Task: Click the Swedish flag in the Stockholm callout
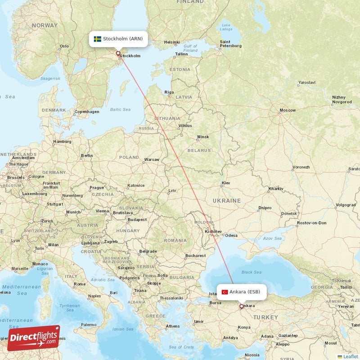coord(97,39)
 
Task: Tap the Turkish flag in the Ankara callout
coord(225,292)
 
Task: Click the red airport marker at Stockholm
coord(118,54)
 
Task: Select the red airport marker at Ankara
coord(241,306)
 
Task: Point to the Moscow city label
coord(287,110)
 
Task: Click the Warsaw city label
coord(151,160)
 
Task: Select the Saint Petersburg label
coord(230,44)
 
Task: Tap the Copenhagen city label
coord(86,112)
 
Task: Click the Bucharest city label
coord(195,256)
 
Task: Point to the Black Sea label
coord(251,272)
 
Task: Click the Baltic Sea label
coord(120,109)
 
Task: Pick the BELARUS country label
coord(199,150)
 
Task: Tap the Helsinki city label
coord(172,42)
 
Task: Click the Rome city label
coord(79,284)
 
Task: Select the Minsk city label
coord(203,137)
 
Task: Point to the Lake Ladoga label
coord(226,27)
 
